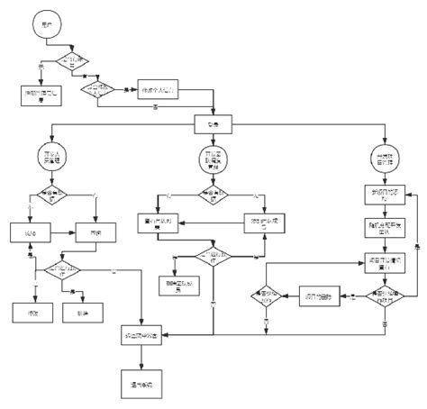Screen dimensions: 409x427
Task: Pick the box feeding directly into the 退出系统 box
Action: pos(141,336)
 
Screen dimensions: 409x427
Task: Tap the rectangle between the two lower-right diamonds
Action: pos(318,295)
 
